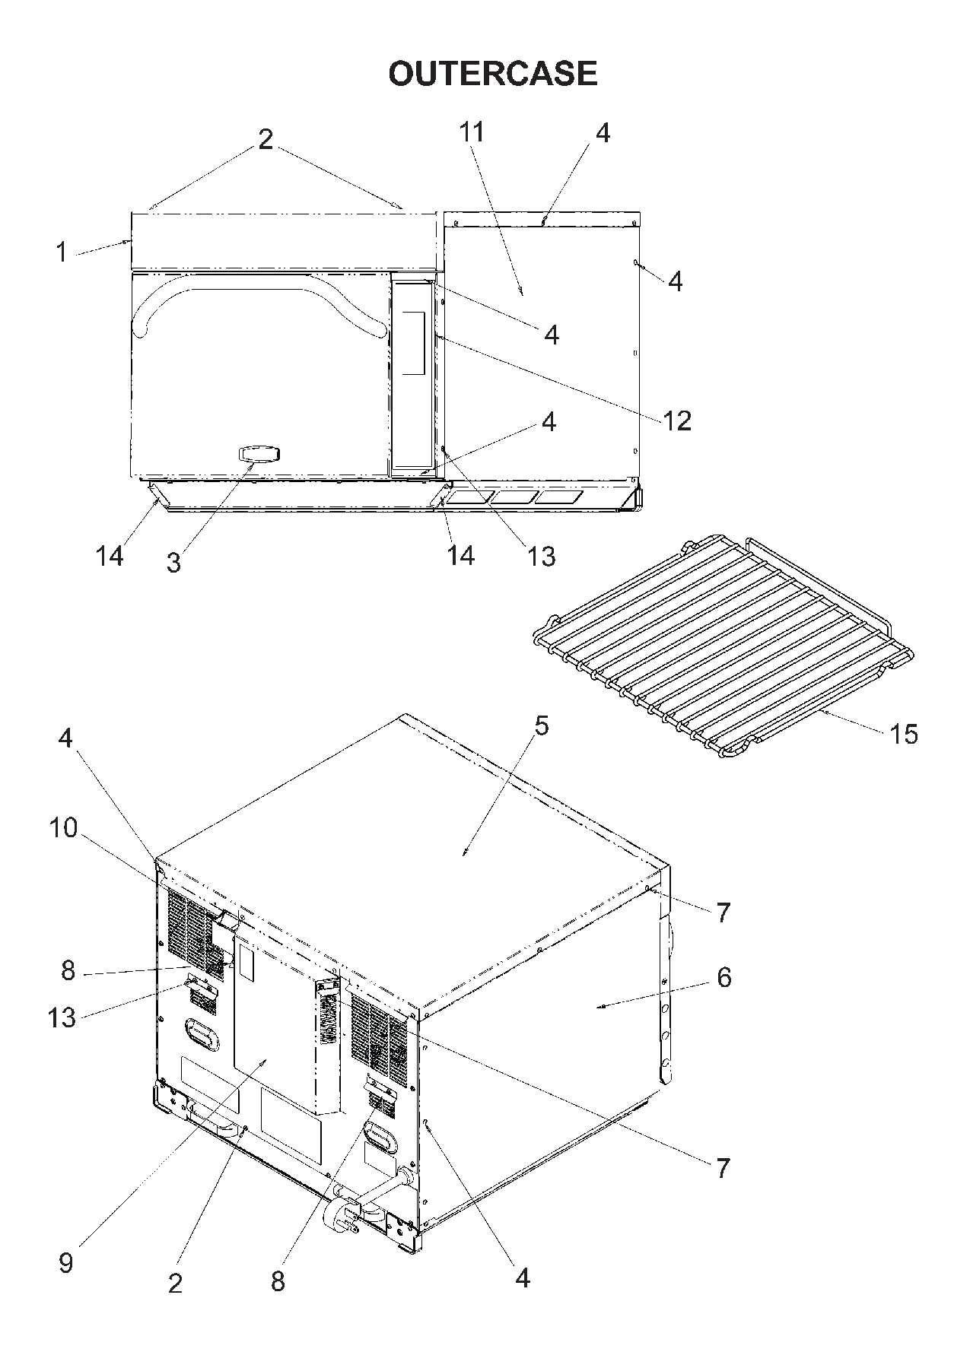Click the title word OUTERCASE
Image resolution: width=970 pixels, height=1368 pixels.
493,74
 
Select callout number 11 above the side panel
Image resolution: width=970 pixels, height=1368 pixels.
472,132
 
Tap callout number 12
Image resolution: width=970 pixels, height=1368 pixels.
677,420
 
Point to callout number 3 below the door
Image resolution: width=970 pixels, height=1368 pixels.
174,563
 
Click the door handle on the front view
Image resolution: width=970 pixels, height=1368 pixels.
259,454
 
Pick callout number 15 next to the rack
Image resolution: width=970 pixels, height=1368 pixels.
904,734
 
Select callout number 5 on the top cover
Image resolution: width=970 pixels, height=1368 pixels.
541,725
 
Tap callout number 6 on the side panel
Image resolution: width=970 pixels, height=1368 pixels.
724,977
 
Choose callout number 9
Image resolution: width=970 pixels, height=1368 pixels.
66,1263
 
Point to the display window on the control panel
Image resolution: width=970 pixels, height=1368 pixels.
413,342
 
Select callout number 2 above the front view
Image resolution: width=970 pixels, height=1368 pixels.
265,139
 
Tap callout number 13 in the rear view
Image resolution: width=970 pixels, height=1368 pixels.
62,1017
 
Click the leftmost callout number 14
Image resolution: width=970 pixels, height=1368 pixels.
110,556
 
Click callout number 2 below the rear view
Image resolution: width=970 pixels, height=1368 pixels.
176,1284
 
